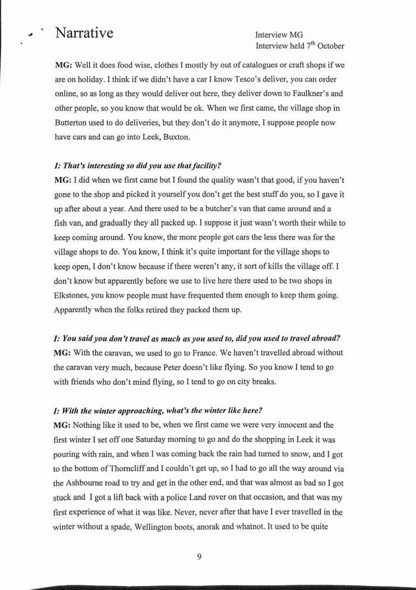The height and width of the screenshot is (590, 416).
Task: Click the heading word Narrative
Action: pos(84,33)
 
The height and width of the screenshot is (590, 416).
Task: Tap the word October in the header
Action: pos(326,46)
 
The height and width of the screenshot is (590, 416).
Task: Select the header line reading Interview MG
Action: pos(279,35)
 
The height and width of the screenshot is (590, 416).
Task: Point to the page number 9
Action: pos(200,557)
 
